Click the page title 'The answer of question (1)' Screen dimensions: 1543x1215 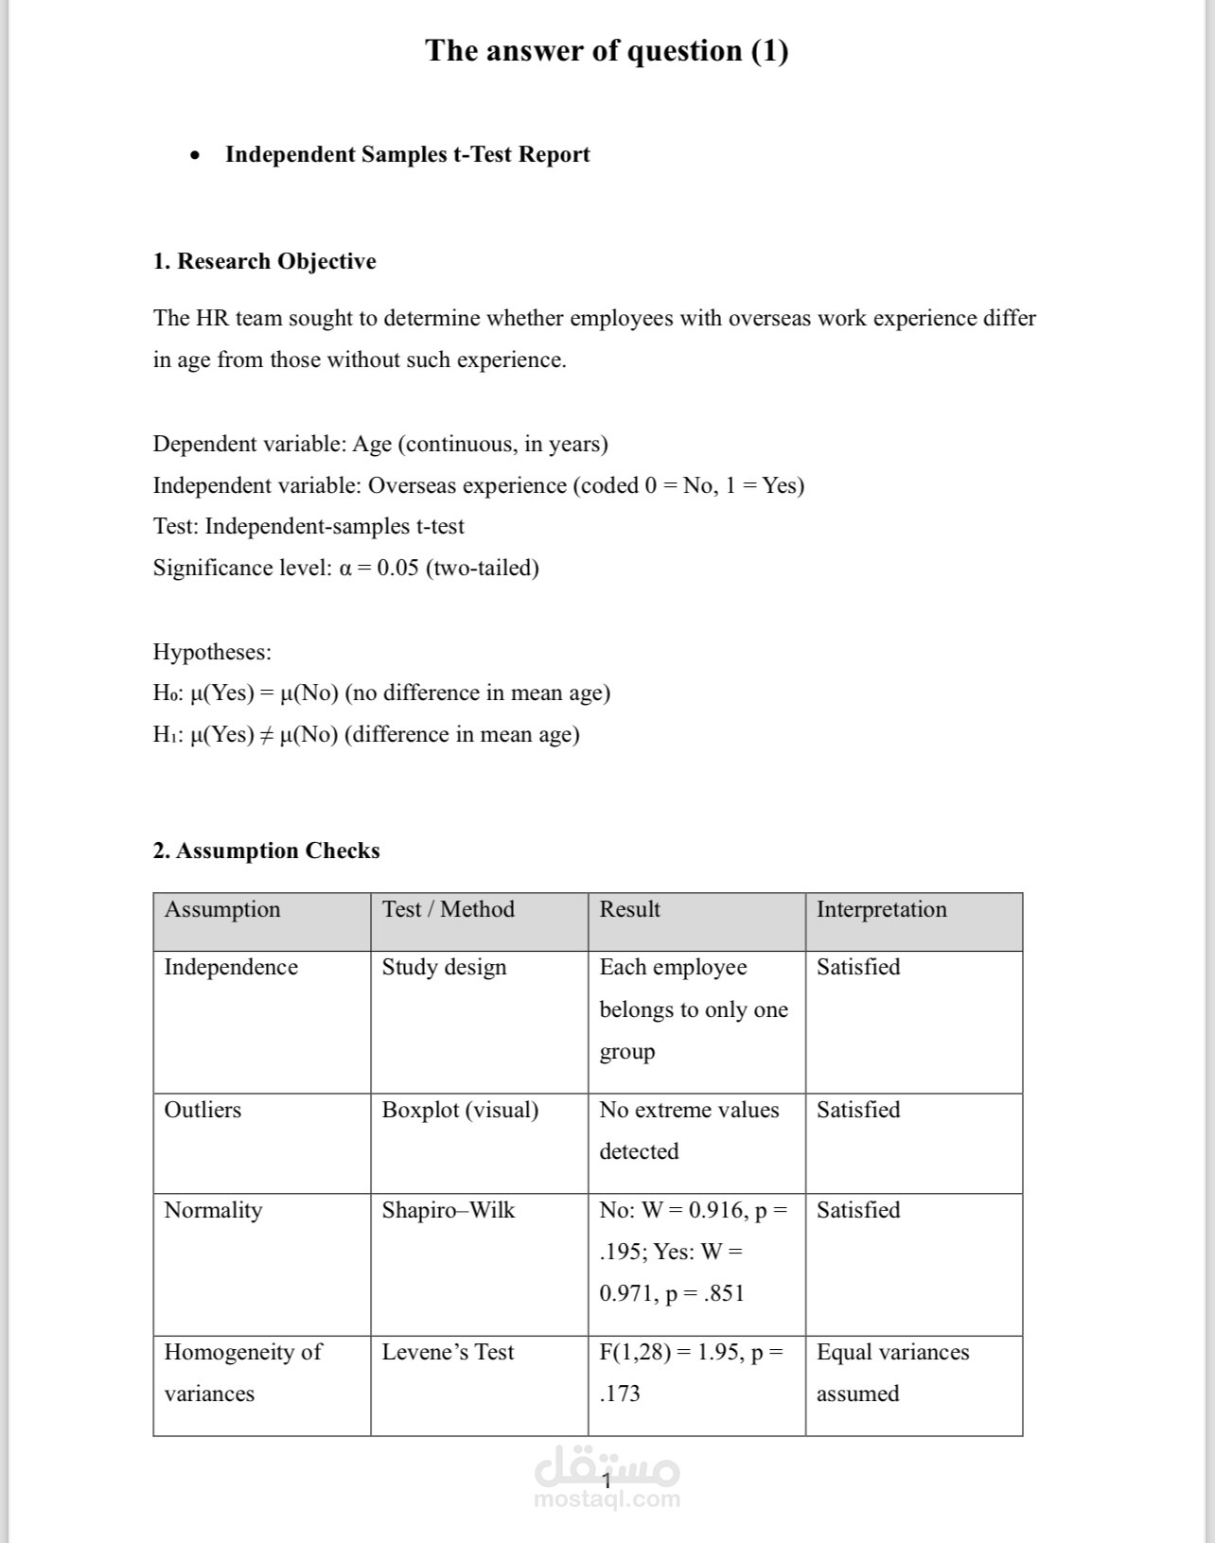coord(607,50)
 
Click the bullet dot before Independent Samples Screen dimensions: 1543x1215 coord(195,155)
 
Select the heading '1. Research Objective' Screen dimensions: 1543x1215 coord(264,261)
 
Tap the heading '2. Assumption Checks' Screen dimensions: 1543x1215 coord(266,850)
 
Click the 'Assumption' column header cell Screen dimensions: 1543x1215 coord(222,909)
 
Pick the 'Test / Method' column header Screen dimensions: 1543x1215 coord(448,909)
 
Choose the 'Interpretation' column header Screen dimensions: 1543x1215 coord(881,909)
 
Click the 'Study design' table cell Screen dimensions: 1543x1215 coord(444,967)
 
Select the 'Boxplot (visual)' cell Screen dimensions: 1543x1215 coord(460,1110)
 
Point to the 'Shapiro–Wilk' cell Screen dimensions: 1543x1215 coord(448,1210)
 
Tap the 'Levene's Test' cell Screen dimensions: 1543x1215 coord(448,1352)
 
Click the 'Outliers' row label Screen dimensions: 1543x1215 coord(202,1110)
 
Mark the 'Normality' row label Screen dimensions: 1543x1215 coord(213,1210)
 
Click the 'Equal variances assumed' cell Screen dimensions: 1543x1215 coord(892,1373)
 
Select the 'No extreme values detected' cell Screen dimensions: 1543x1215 coord(689,1131)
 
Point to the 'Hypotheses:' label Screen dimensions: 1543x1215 coord(212,652)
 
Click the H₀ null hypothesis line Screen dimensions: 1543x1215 coord(381,693)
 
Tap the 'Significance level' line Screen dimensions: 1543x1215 coord(345,568)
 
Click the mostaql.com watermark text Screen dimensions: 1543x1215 coord(607,1499)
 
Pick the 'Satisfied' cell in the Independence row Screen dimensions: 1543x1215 coord(858,967)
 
